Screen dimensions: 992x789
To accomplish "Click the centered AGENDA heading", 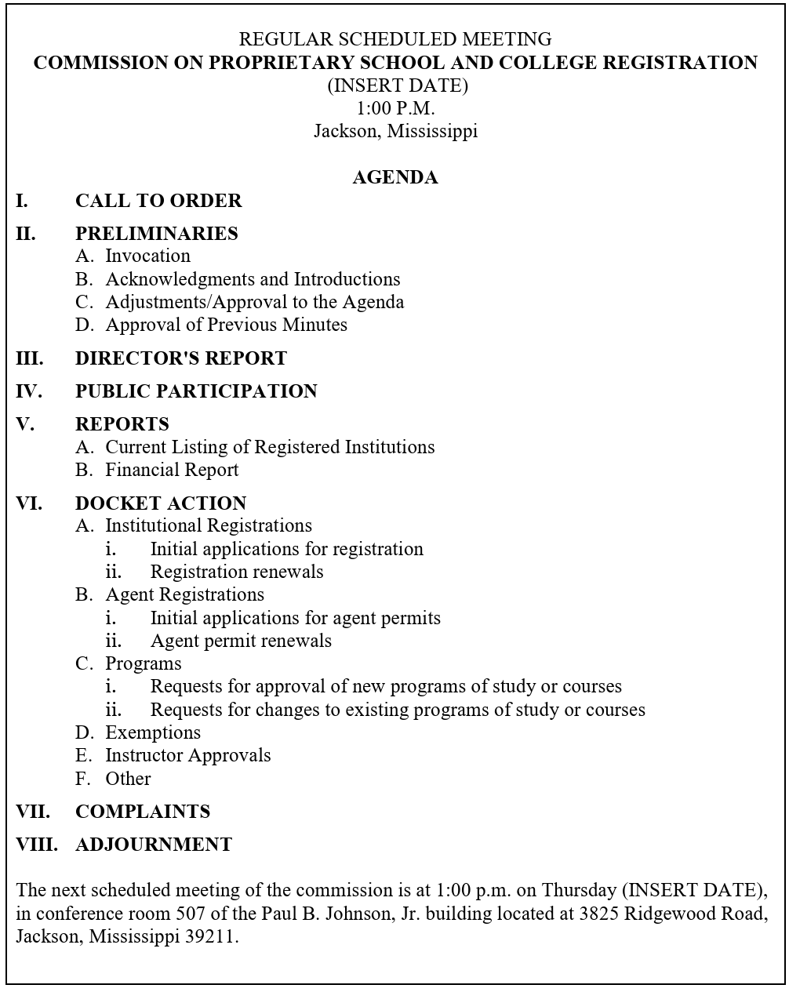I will click(x=394, y=177).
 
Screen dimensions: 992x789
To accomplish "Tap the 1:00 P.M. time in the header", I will click(x=395, y=108).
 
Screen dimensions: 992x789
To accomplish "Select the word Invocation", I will click(x=147, y=256).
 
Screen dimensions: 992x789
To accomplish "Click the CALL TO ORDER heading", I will click(x=158, y=201).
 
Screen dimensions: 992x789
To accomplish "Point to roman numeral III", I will click(x=30, y=358).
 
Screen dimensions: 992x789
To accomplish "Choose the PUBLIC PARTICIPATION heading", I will click(x=196, y=391).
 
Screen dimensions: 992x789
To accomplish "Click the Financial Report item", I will click(x=172, y=470).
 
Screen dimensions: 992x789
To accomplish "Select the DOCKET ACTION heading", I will click(x=161, y=503).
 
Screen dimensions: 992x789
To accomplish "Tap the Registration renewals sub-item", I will click(x=237, y=572).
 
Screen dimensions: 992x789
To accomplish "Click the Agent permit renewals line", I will click(x=241, y=641).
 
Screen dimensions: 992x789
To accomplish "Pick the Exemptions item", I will click(x=153, y=732).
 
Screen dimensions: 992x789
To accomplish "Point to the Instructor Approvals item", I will click(x=188, y=755).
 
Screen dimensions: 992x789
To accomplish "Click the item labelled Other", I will click(x=128, y=779).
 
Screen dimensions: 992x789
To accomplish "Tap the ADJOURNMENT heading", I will click(x=154, y=845).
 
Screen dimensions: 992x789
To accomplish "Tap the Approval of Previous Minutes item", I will click(x=226, y=325).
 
